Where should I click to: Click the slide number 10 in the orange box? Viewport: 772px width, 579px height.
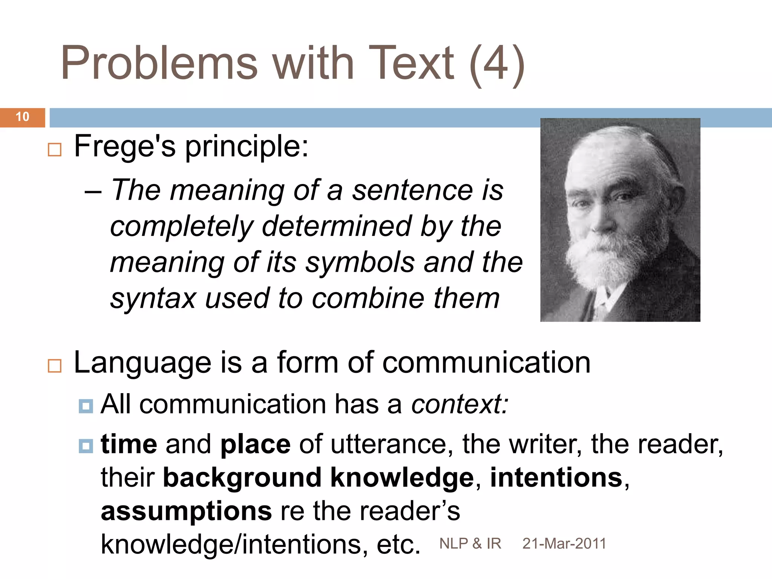[23, 117]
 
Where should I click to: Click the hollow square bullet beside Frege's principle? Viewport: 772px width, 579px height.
[55, 150]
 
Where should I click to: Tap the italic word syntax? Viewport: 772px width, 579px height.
[153, 299]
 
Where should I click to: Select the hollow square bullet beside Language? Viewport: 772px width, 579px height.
[55, 366]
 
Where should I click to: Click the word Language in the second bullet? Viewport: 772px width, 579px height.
[142, 363]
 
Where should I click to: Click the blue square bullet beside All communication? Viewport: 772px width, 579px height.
[86, 406]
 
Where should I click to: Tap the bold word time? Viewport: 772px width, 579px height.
[129, 444]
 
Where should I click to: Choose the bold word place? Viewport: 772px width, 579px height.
[256, 445]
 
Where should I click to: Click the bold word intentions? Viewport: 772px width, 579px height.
[556, 478]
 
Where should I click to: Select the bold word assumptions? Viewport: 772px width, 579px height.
[186, 512]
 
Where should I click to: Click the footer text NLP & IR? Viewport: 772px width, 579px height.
[470, 544]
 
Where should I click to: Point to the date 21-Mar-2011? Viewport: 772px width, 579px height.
[564, 544]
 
